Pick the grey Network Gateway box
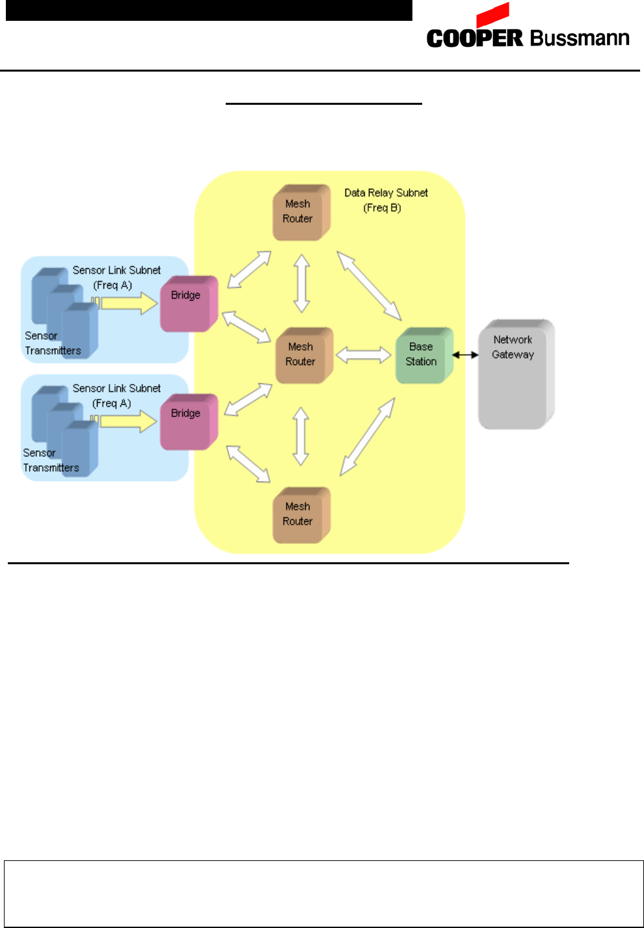(x=515, y=374)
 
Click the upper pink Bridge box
(x=188, y=303)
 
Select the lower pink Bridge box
(x=188, y=422)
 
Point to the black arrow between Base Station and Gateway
(x=465, y=355)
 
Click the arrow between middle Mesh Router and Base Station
(x=364, y=355)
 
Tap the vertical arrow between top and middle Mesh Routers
(x=301, y=283)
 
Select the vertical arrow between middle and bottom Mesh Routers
(x=301, y=436)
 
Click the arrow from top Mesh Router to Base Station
(x=369, y=286)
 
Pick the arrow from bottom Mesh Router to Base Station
(x=368, y=437)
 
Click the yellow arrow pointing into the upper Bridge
(x=129, y=303)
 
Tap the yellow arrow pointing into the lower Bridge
(x=129, y=422)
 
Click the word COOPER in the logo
(x=475, y=38)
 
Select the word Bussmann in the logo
(x=580, y=38)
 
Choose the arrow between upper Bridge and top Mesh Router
(x=249, y=269)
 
